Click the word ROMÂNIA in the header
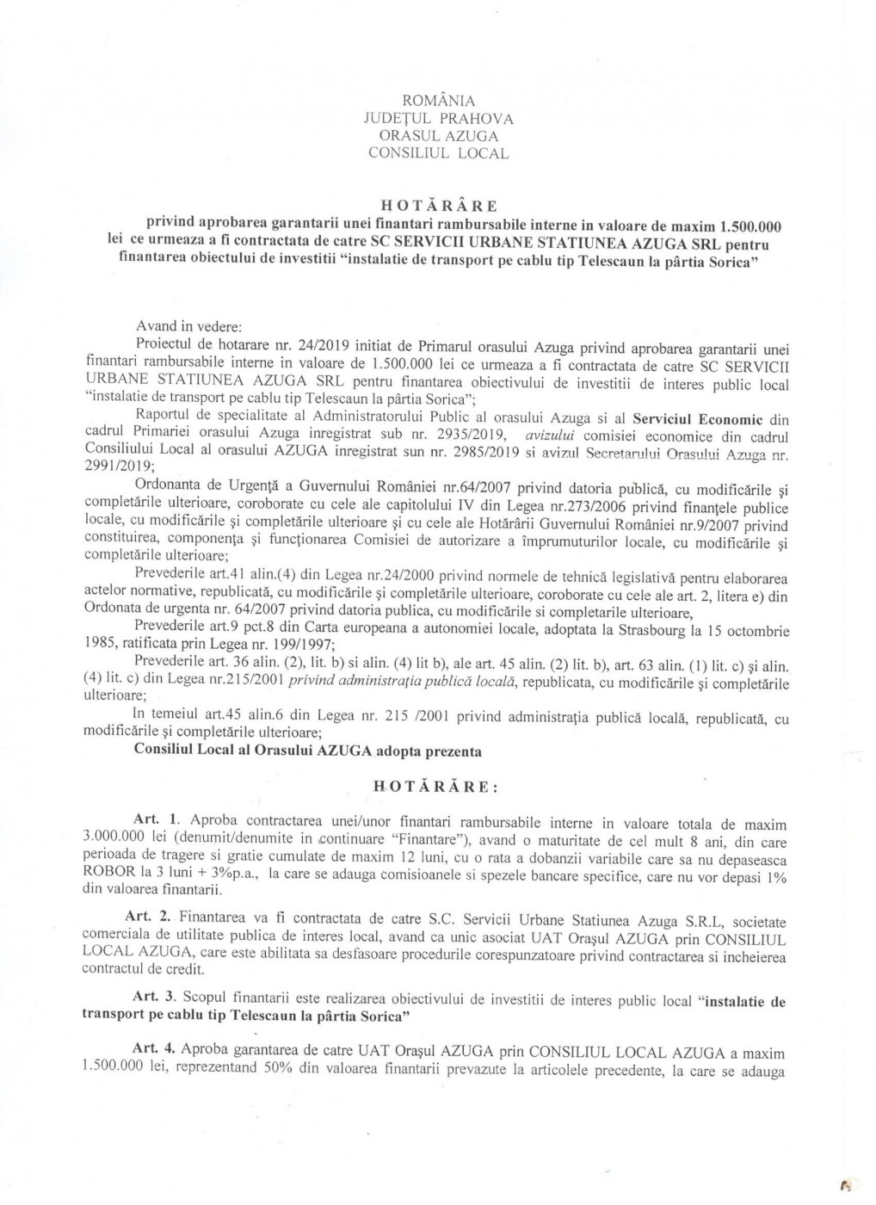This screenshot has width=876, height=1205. point(438,102)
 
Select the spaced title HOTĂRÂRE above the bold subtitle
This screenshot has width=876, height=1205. point(438,204)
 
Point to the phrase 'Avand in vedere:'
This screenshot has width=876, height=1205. point(188,327)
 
